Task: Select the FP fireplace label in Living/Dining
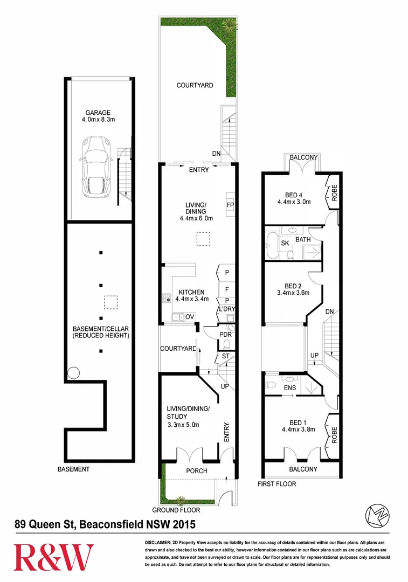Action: [229, 205]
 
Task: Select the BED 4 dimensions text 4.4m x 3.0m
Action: [295, 203]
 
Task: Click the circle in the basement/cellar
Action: [73, 373]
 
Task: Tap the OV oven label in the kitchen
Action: [190, 316]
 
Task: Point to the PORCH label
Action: [196, 470]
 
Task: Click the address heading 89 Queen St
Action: [105, 523]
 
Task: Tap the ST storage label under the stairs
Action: [225, 356]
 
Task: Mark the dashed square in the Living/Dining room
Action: [203, 239]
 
